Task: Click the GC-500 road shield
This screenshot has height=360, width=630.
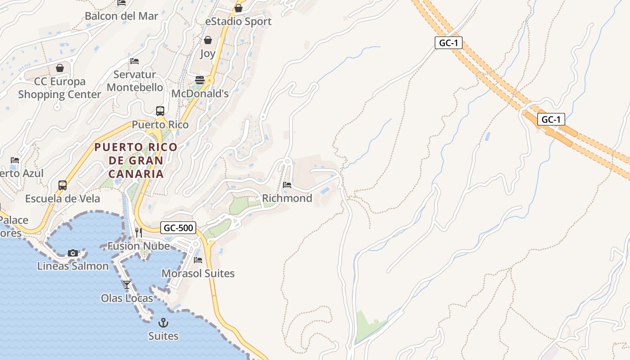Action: click(x=179, y=228)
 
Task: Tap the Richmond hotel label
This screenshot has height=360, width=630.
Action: click(x=287, y=198)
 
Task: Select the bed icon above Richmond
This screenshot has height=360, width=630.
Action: click(x=287, y=184)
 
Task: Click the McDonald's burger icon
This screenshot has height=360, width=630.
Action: click(x=200, y=80)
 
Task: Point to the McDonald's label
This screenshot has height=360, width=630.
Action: click(x=200, y=94)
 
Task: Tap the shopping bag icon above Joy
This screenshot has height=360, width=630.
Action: click(x=207, y=40)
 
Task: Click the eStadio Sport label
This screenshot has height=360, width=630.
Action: click(x=238, y=22)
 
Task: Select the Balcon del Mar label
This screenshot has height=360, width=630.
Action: click(x=121, y=16)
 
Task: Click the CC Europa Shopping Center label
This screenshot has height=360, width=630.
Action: click(x=59, y=88)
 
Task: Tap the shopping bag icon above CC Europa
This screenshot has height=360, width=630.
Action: click(x=60, y=68)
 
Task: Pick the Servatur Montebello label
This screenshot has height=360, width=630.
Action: click(x=135, y=81)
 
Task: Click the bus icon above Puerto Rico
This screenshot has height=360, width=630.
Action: click(x=160, y=111)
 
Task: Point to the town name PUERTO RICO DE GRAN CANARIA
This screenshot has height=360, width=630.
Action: click(x=136, y=160)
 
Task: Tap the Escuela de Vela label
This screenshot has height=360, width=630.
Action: click(x=63, y=198)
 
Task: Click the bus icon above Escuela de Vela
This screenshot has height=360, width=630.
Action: click(x=63, y=185)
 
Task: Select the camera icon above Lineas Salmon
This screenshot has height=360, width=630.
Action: click(x=73, y=253)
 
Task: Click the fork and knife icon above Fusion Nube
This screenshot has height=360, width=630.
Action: click(x=139, y=233)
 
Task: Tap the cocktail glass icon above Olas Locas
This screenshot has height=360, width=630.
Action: click(x=127, y=284)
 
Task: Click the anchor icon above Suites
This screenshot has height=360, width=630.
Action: click(x=163, y=322)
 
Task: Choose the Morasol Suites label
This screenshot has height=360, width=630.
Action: click(x=198, y=273)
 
